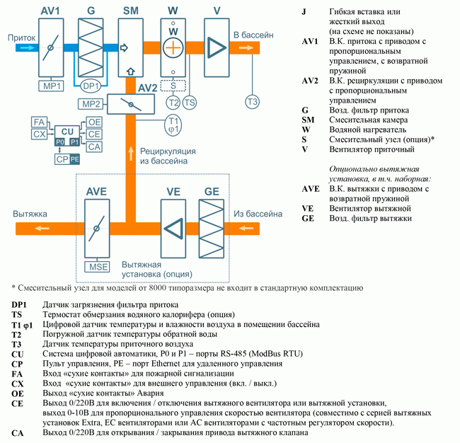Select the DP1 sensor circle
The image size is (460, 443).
(x=91, y=86)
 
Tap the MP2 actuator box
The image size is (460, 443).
(x=91, y=105)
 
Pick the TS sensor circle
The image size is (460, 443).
(x=190, y=103)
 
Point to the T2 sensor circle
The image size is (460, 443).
(x=173, y=103)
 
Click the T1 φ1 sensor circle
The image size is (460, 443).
(x=173, y=125)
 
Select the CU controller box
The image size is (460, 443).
(x=67, y=132)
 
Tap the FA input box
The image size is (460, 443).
(x=40, y=122)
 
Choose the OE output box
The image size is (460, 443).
(x=95, y=122)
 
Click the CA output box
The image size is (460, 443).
(x=95, y=146)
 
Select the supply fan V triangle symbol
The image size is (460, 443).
(x=217, y=47)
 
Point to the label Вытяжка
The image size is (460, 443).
(x=29, y=213)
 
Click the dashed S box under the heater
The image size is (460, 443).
(x=173, y=86)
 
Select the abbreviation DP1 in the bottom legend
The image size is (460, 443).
(x=19, y=304)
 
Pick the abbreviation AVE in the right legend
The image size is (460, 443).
(x=311, y=189)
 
